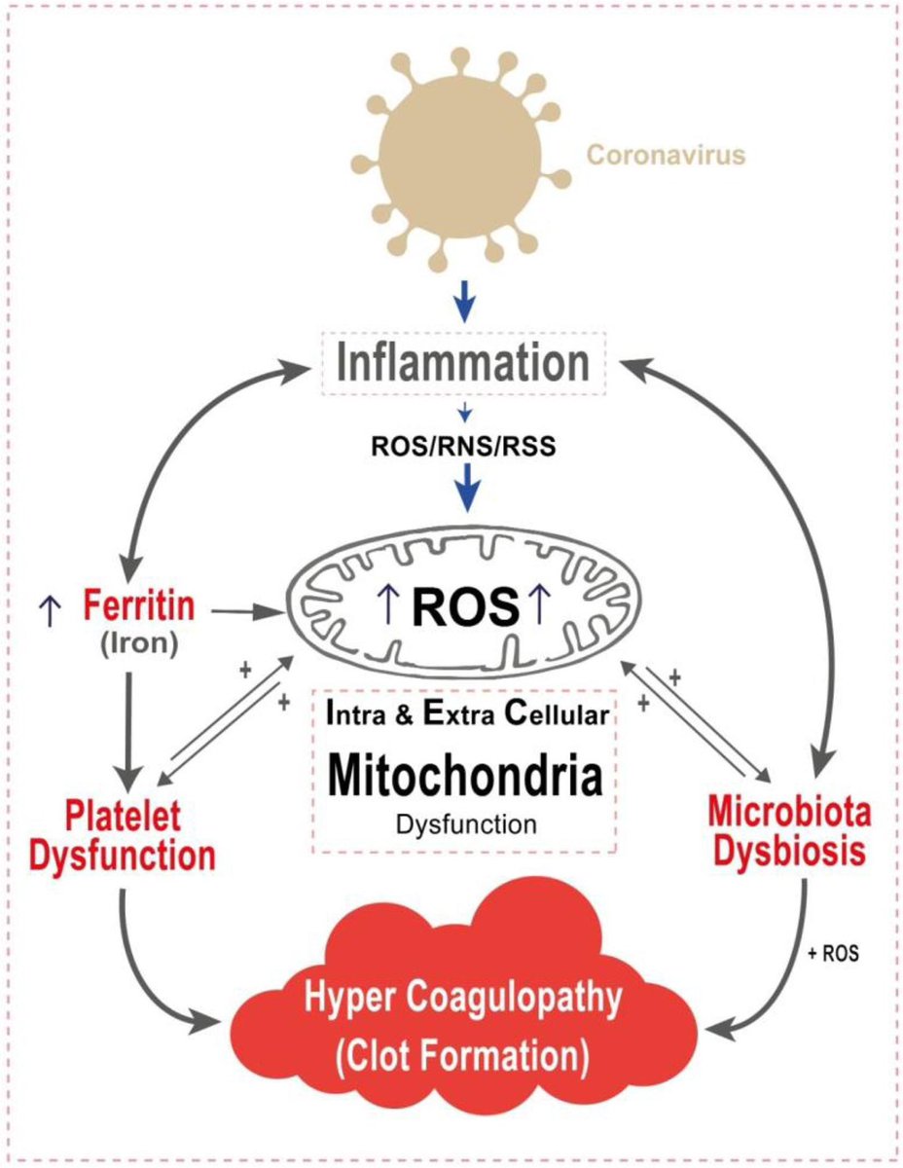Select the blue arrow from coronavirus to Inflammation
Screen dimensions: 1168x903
click(465, 304)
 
